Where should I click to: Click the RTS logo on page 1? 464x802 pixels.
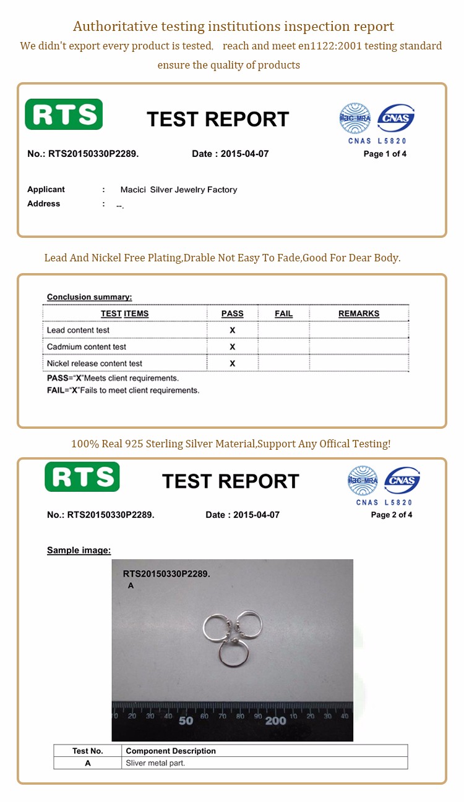(x=64, y=114)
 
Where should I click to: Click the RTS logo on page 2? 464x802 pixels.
(x=82, y=476)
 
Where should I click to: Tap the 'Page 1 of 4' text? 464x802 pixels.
(x=385, y=154)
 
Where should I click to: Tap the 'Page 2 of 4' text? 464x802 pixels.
(x=392, y=515)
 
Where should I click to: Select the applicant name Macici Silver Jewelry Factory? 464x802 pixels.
(x=179, y=190)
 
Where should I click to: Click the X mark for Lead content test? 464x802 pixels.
(x=233, y=330)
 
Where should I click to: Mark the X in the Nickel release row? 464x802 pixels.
(x=233, y=363)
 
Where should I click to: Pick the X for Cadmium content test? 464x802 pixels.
(x=233, y=347)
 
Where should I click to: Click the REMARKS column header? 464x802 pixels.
(x=359, y=313)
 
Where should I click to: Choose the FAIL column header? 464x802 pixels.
(x=283, y=313)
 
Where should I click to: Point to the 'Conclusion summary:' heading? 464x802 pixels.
(x=90, y=297)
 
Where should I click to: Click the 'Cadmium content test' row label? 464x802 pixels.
(x=87, y=347)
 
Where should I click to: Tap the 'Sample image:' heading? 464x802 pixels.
(x=79, y=550)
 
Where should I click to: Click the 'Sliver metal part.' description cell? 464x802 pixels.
(x=155, y=763)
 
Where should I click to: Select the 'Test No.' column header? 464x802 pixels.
(x=88, y=751)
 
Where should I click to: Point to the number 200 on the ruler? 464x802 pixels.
(x=275, y=720)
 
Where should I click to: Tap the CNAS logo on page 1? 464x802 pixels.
(x=396, y=118)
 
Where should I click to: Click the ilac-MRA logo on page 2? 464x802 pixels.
(x=363, y=480)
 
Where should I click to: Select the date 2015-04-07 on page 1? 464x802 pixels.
(x=244, y=154)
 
